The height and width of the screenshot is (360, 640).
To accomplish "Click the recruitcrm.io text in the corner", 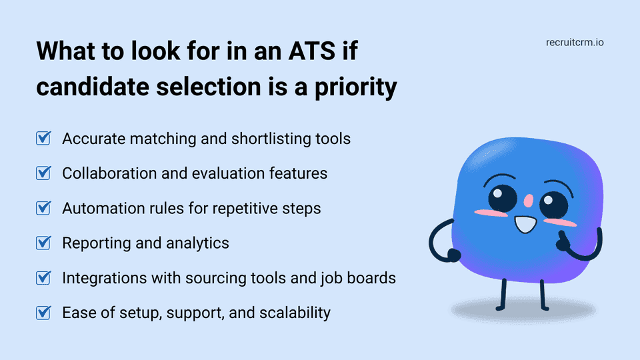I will tap(574, 43).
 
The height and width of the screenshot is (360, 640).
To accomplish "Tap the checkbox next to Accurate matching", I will tap(43, 139).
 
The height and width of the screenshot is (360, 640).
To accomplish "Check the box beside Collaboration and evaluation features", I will tap(43, 173).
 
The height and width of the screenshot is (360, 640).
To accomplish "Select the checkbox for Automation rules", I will tap(43, 208).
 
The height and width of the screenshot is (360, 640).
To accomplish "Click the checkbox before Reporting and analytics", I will tap(43, 243).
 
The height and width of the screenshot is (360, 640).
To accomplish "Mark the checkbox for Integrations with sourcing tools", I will tap(43, 277).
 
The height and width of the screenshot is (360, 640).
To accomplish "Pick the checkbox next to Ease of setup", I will tap(43, 312).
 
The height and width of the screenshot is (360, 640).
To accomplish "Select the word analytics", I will tap(198, 243).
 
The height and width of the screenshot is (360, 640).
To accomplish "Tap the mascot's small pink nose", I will tap(527, 199).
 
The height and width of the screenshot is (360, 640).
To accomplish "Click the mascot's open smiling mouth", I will tap(525, 224).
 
